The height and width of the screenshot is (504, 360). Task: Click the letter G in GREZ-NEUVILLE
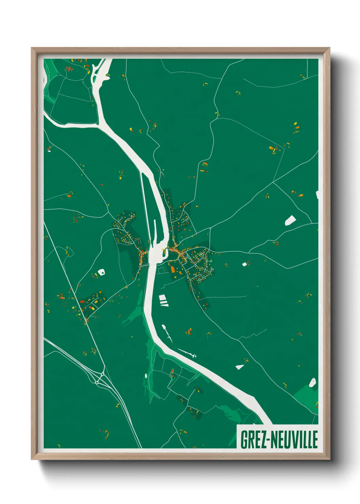click(244, 440)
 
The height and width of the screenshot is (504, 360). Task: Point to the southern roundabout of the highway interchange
click(97, 383)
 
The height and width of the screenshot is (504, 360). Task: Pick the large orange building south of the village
click(173, 270)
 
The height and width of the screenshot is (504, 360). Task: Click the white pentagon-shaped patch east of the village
click(290, 220)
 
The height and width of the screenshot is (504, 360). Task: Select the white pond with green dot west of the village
click(101, 272)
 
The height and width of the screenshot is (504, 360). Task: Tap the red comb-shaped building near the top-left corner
click(70, 69)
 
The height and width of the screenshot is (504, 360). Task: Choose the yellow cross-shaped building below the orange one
click(176, 278)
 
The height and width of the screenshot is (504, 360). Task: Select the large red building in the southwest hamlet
click(82, 301)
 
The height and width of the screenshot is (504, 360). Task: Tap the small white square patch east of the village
click(244, 264)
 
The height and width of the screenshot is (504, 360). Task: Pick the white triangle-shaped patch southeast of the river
click(240, 367)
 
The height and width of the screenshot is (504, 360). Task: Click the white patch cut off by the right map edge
click(317, 195)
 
